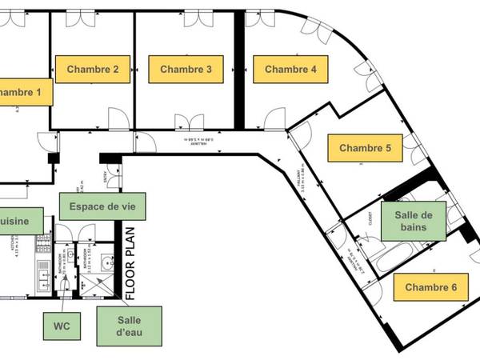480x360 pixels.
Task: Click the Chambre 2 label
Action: pyautogui.click(x=93, y=70)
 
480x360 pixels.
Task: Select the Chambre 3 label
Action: pyautogui.click(x=186, y=70)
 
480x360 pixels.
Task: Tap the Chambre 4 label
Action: pyautogui.click(x=290, y=70)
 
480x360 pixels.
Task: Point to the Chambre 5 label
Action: pyautogui.click(x=365, y=148)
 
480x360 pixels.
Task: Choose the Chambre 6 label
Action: pyautogui.click(x=430, y=286)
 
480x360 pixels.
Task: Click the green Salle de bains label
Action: pyautogui.click(x=413, y=221)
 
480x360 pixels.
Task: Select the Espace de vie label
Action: pyautogui.click(x=102, y=206)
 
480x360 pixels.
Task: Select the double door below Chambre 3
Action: pyautogui.click(x=189, y=123)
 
